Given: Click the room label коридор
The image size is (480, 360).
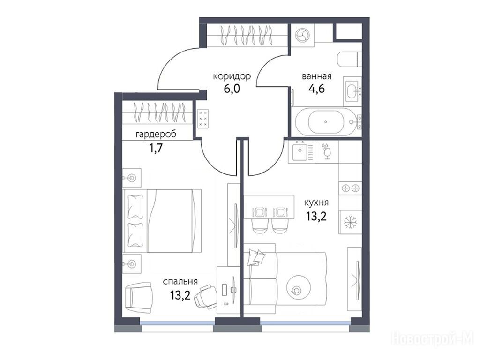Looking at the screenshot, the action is tap(232, 76).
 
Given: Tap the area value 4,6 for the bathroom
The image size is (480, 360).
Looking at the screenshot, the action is tap(316, 89).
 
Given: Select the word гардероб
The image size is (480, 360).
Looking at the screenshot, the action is tap(156, 135).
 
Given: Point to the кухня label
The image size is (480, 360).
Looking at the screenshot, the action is tap(316, 202).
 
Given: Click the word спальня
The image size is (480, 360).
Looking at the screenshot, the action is tap(180, 282).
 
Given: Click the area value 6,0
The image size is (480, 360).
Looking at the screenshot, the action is tap(232, 89).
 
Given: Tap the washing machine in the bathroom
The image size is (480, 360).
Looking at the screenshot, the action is tap(302, 36).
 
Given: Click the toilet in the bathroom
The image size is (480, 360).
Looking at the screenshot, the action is tap(349, 59).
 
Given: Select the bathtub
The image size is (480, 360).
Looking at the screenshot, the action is tap(326, 121).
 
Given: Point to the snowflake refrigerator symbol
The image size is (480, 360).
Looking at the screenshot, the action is tap(350, 222).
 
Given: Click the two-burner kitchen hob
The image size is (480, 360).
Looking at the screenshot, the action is tap(350, 188).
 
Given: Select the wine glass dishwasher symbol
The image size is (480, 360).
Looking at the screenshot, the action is tap(327, 151).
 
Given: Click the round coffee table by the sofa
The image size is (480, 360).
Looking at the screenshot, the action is tap(296, 289).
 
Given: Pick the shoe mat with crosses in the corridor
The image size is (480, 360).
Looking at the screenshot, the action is tap(203, 119).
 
